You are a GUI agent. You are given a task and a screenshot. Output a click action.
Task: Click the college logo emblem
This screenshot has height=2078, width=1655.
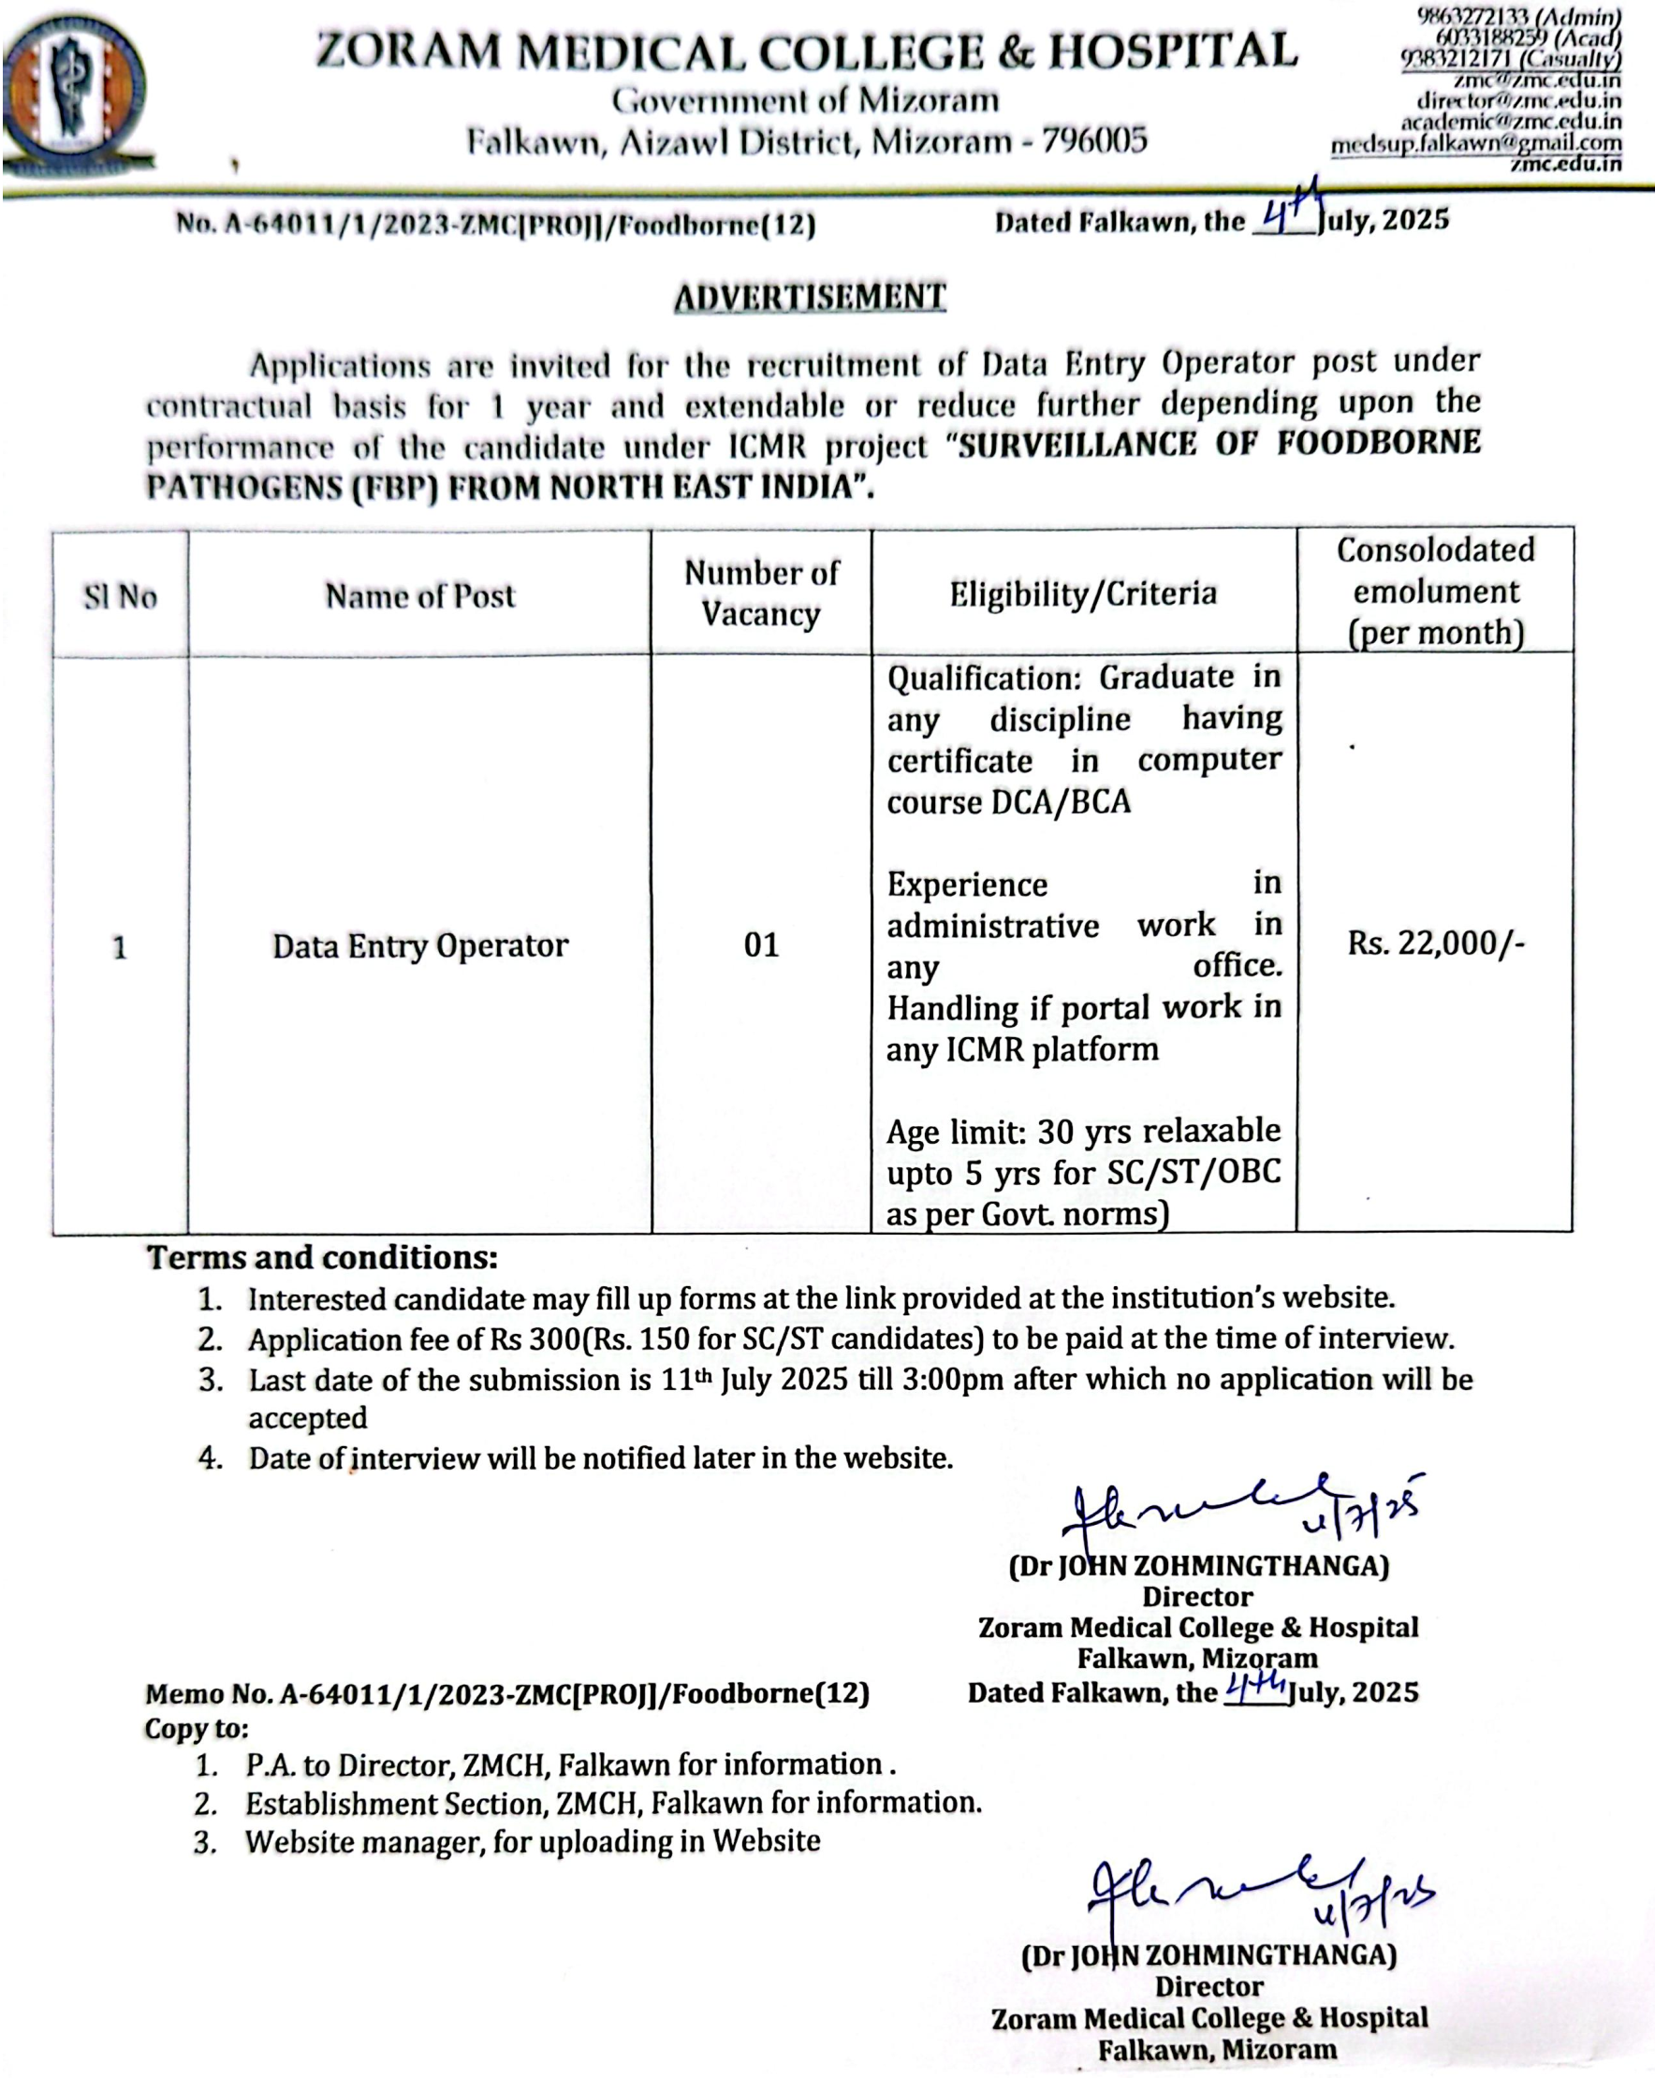coord(74,92)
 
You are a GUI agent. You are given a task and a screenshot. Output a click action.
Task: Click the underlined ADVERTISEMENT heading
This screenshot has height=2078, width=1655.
coord(810,297)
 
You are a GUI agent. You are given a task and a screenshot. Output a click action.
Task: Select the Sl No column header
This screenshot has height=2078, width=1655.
coord(121,596)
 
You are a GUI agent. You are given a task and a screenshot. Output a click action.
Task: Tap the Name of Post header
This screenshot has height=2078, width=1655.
coord(420,595)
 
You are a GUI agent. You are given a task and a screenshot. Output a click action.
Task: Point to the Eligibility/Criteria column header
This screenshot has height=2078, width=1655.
coord(1082,593)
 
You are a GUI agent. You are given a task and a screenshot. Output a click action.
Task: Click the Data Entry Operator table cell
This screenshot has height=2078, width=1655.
coord(420,945)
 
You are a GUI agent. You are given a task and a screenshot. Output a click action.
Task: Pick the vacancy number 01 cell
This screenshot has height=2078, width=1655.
coord(760,944)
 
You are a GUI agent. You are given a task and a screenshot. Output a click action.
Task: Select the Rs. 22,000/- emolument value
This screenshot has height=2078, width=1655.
coord(1435,943)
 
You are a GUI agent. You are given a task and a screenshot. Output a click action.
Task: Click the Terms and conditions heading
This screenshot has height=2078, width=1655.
coord(322,1257)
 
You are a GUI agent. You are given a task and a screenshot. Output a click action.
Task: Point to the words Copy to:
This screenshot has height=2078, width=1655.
coord(197,1728)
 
